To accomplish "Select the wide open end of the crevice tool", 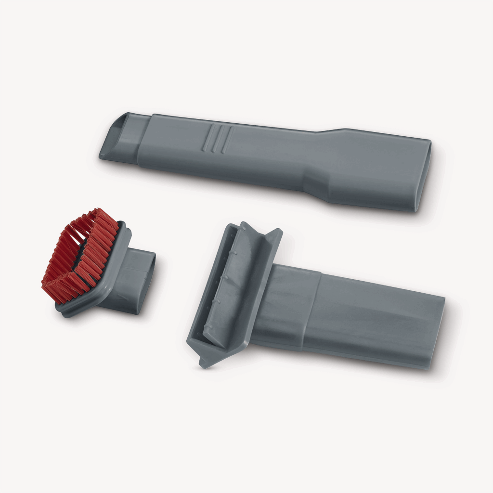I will click(x=424, y=176).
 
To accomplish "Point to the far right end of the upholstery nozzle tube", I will click(x=441, y=332).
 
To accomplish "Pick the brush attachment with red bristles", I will click(x=96, y=265).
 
